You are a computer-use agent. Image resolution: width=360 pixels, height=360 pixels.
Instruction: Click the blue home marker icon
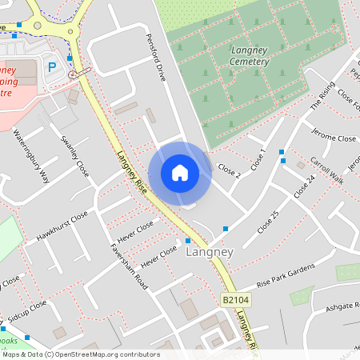[180, 173]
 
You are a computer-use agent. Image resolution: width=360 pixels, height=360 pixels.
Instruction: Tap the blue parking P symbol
[53, 67]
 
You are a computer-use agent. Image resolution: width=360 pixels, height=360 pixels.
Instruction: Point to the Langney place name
[209, 252]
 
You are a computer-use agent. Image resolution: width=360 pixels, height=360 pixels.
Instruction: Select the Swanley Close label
[74, 156]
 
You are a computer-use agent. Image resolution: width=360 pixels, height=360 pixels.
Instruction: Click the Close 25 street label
[267, 222]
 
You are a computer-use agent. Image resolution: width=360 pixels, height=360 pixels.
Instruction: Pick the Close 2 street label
[229, 170]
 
